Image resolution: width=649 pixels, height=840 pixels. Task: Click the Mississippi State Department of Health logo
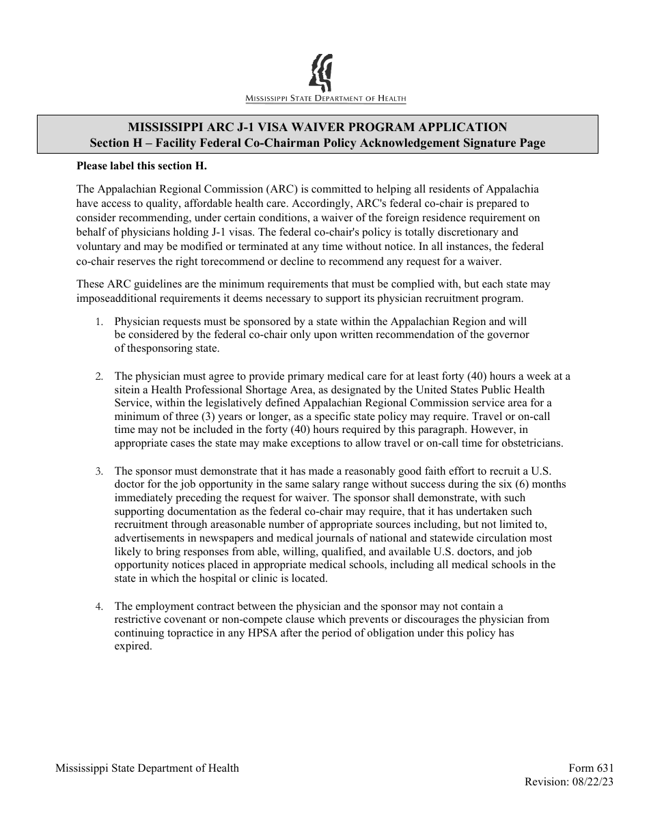coord(325,79)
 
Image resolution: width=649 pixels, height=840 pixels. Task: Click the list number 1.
coord(99,322)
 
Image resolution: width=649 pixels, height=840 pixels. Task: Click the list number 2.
coord(99,377)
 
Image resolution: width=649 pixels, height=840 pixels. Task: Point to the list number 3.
coord(99,472)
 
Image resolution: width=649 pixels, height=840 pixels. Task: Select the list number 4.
coord(99,607)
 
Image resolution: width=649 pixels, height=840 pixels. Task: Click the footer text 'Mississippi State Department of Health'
coord(147,768)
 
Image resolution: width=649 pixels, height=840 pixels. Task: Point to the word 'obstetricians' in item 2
coord(531,443)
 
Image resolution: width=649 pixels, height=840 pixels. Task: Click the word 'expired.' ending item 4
coord(133,646)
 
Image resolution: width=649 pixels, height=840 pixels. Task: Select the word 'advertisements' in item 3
coord(148,538)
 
